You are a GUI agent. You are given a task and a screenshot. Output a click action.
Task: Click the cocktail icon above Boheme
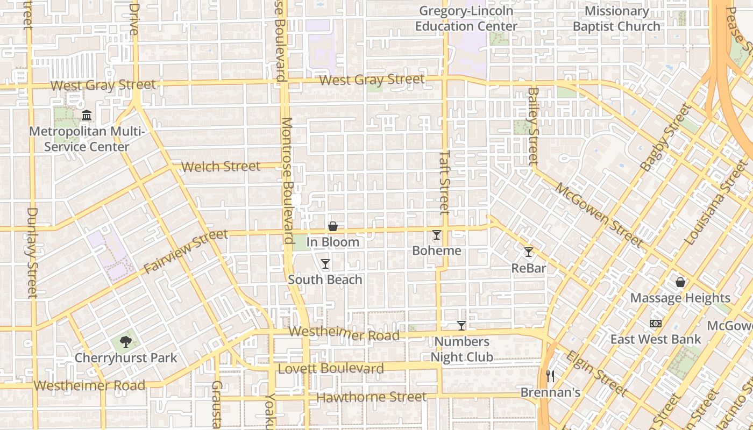pos(437,235)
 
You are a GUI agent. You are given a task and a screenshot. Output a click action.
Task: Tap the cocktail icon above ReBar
pos(529,252)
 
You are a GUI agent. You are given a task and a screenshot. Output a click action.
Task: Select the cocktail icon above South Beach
pos(325,264)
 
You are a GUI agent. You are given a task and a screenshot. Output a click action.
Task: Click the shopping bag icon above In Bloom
pos(333,226)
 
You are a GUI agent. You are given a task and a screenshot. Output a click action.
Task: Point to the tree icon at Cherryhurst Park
pos(126,342)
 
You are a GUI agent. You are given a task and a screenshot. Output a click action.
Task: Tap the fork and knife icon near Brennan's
pos(550,376)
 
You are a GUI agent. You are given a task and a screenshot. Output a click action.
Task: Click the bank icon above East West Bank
pos(655,324)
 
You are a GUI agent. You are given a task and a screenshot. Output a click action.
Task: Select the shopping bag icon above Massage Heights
pos(680,282)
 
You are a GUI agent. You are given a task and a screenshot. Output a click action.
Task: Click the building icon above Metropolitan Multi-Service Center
pos(87,116)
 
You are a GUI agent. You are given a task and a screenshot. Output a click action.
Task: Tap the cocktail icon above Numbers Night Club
pos(461,325)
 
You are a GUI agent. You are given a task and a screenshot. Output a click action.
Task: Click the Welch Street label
pos(221,167)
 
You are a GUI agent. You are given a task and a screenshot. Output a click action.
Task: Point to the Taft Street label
pos(444,182)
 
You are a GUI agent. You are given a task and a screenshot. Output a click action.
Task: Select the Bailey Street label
pos(533,126)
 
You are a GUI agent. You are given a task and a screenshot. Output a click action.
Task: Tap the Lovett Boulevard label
pos(331,369)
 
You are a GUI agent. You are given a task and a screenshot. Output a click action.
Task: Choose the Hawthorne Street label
pos(371,397)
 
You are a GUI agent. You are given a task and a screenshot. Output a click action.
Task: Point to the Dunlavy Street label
pos(32,253)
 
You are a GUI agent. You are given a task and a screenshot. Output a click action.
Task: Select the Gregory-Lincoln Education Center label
pos(466,18)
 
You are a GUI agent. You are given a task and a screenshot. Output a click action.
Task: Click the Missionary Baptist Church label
pos(616,18)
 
